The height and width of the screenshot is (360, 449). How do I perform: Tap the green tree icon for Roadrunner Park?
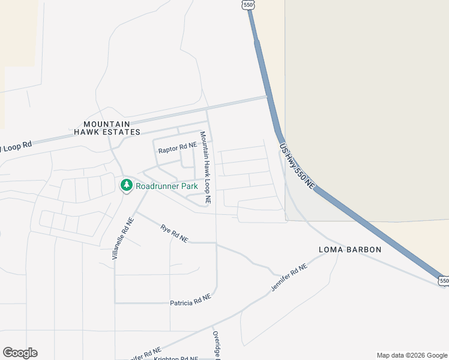click(x=126, y=186)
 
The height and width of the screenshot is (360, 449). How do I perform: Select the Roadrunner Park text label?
click(x=167, y=186)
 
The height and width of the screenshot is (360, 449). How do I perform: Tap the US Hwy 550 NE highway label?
click(x=297, y=167)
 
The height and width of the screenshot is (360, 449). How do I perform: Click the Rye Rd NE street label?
click(x=174, y=233)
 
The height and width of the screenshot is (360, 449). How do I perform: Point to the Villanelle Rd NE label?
click(x=123, y=238)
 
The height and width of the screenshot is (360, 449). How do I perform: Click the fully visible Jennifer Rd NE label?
click(x=289, y=278)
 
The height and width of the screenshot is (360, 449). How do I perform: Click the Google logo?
click(x=20, y=353)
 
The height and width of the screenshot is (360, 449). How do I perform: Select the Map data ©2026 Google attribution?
click(x=412, y=355)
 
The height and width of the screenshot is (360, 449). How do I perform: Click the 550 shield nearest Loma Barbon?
click(x=443, y=280)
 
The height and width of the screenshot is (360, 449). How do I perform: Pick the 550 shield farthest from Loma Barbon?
click(x=249, y=5)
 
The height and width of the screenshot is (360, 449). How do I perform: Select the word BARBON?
click(x=362, y=250)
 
